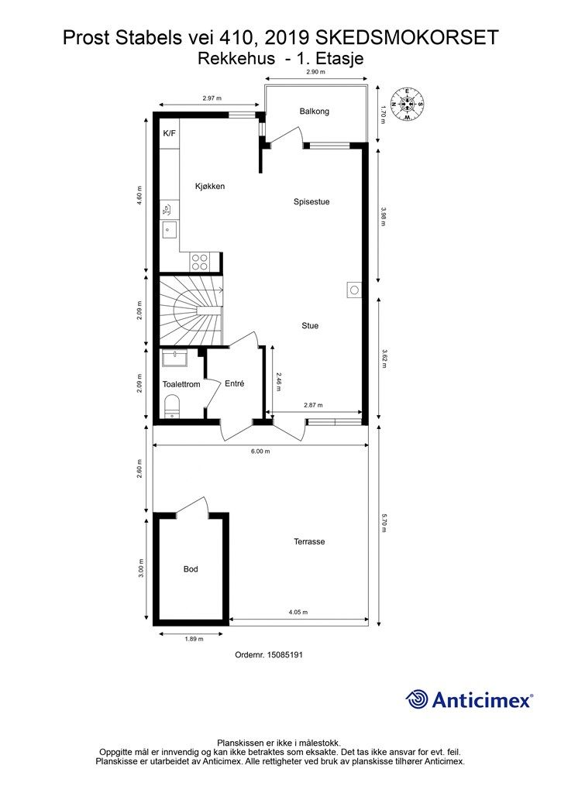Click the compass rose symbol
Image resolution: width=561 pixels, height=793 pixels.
407,105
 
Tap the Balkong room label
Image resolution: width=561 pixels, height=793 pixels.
314,112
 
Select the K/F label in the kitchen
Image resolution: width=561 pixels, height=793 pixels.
169,133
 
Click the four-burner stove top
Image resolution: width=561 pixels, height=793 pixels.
199,262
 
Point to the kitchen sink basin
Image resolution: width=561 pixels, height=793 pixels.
168,230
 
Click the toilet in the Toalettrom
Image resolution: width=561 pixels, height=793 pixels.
172,407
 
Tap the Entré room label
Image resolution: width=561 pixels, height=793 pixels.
234,384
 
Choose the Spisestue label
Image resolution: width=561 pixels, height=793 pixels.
311,202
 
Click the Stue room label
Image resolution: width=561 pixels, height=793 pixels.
310,326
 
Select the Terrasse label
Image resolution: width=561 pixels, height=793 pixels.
309,541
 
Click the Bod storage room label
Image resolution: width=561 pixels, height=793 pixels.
190,569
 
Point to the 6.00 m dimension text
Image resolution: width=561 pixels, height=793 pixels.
260,451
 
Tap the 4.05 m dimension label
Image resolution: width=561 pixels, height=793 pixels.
298,612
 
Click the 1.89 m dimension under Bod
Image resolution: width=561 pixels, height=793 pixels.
194,639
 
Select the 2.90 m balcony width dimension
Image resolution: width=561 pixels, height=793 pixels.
315,72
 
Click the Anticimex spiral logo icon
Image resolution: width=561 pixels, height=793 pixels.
417,699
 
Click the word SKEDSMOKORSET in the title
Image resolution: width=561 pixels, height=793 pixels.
407,38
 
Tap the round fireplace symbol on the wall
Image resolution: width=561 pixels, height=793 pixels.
355,290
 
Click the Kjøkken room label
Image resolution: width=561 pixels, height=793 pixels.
210,186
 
